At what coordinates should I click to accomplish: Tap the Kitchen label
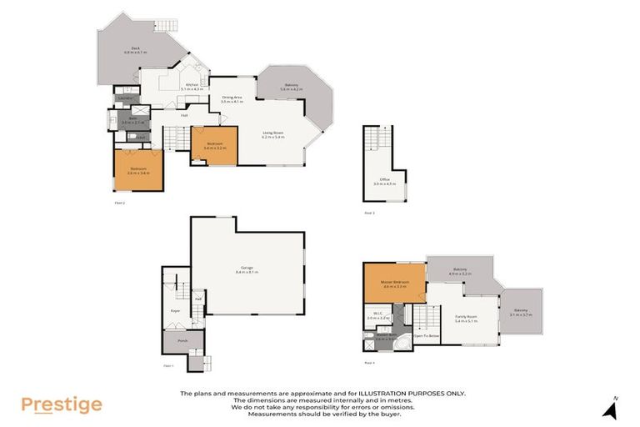[x=192, y=86]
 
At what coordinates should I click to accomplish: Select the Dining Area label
[x=232, y=98]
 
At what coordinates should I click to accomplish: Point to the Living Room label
[x=273, y=134]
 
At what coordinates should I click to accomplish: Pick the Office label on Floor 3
[x=385, y=181]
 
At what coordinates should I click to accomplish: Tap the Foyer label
[x=175, y=310]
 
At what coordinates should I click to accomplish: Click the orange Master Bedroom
[x=394, y=283]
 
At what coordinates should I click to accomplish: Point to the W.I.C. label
[x=377, y=315]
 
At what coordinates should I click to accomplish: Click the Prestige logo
[x=61, y=404]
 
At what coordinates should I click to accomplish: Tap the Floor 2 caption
[x=119, y=203]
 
